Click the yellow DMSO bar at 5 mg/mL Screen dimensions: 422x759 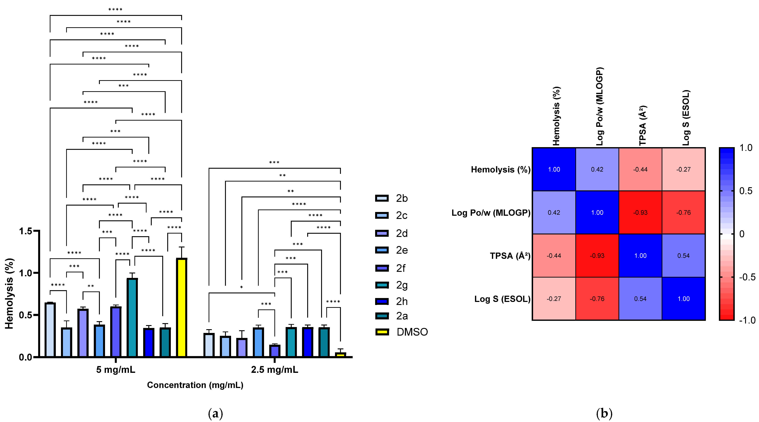182,307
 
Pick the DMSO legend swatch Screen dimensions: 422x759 382,332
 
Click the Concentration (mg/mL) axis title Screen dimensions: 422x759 195,385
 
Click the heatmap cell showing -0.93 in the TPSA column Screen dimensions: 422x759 640,213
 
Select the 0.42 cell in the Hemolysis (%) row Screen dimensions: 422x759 597,170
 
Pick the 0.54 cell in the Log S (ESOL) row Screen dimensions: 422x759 640,299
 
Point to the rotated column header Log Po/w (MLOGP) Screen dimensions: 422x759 600,107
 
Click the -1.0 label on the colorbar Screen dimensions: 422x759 747,320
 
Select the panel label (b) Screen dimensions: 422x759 604,413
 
